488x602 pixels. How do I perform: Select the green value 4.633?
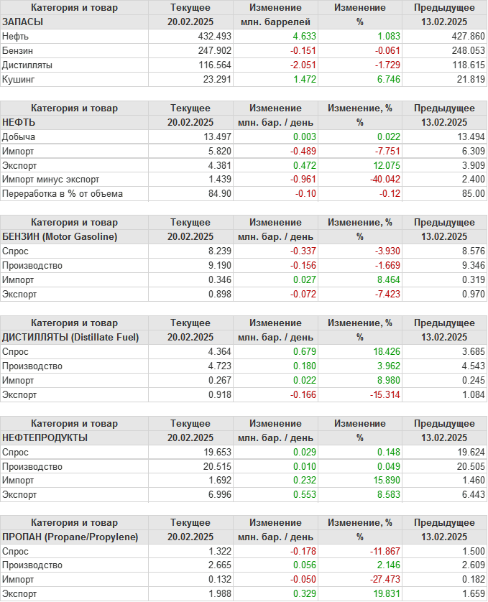[x=303, y=36]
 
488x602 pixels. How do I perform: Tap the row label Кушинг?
[x=18, y=79]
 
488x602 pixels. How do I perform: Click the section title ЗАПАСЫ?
[x=23, y=22]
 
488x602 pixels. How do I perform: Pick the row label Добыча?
[x=19, y=136]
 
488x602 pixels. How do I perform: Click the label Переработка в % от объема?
[x=63, y=194]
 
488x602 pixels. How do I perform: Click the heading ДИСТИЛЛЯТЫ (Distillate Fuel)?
[x=70, y=337]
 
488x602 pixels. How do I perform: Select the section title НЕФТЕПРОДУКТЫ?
[x=45, y=437]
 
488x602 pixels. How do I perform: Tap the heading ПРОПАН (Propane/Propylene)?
[x=70, y=537]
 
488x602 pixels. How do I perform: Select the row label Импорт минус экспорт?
[x=51, y=180]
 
